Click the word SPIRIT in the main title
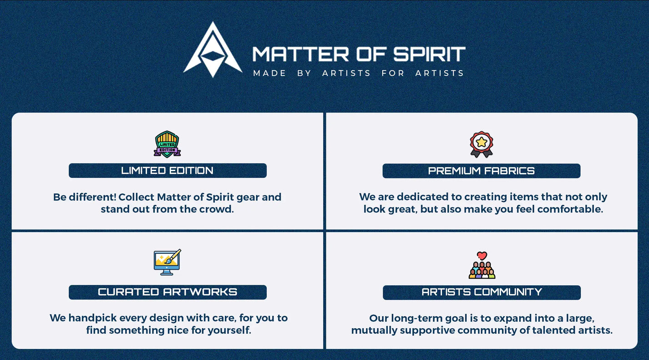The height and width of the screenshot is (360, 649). click(x=429, y=54)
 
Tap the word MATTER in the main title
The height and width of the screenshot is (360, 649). click(x=300, y=54)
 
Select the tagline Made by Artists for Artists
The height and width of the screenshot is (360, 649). click(x=359, y=73)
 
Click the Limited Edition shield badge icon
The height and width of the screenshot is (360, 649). click(x=167, y=144)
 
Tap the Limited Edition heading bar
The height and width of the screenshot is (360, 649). click(x=167, y=171)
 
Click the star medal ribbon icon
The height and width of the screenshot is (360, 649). click(x=482, y=144)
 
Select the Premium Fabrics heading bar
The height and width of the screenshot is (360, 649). click(x=481, y=171)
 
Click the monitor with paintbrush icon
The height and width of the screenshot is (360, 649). click(x=167, y=262)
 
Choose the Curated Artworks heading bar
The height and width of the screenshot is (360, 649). click(x=167, y=292)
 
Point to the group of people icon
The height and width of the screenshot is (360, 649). click(x=482, y=270)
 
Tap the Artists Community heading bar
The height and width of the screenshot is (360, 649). click(x=482, y=292)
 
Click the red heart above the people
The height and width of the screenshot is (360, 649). click(x=482, y=256)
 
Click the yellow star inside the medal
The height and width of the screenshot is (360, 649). click(x=482, y=142)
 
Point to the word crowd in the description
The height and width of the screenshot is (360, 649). click(x=217, y=209)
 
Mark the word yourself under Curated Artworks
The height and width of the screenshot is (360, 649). click(x=229, y=330)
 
